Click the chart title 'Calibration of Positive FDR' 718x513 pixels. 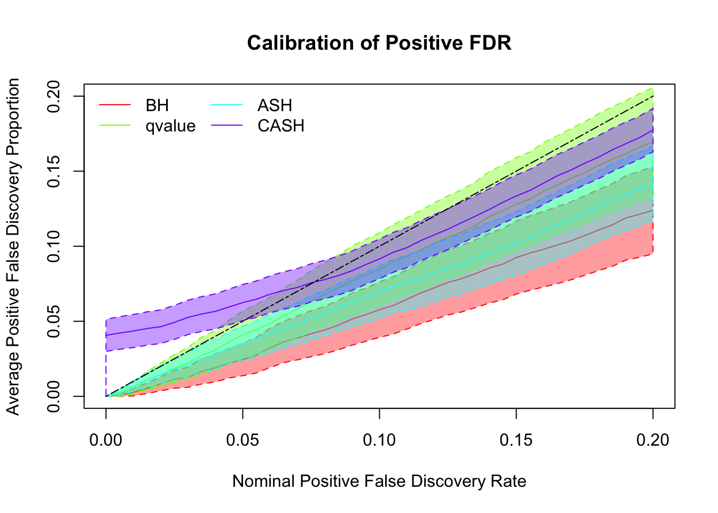379,43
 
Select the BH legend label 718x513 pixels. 157,105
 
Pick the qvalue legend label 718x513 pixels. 170,126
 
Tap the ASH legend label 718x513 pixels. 275,105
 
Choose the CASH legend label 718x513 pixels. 281,126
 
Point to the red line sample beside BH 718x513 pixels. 114,105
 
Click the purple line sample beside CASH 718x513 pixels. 227,126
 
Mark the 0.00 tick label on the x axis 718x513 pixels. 106,440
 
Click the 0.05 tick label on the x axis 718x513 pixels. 243,440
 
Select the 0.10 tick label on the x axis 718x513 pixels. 379,440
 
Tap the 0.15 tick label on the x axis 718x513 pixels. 516,440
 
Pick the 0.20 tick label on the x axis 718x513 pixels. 653,440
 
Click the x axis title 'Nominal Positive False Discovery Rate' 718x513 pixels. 379,481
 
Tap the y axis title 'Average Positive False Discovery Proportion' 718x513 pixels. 13,246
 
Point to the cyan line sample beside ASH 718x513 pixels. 227,105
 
